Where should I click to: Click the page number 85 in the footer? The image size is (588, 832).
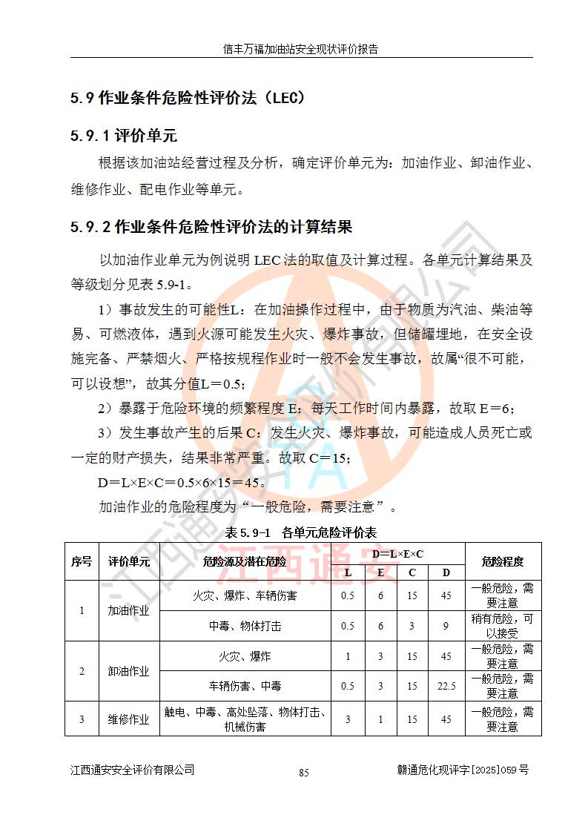pyautogui.click(x=303, y=772)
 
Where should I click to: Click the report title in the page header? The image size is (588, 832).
pyautogui.click(x=301, y=50)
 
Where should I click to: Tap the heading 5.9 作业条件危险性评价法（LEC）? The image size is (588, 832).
pyautogui.click(x=188, y=97)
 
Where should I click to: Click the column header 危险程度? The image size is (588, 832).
pyautogui.click(x=502, y=561)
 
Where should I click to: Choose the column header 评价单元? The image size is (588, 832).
pyautogui.click(x=129, y=561)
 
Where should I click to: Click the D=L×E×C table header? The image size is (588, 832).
pyautogui.click(x=397, y=553)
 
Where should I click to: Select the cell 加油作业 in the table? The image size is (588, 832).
pyautogui.click(x=129, y=611)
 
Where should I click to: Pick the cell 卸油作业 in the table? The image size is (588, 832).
pyautogui.click(x=129, y=671)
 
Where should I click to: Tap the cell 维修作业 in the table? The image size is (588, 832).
pyautogui.click(x=129, y=719)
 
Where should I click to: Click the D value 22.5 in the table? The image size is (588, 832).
pyautogui.click(x=446, y=686)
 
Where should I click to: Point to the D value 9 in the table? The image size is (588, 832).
pyautogui.click(x=446, y=626)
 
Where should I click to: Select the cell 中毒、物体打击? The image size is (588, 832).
pyautogui.click(x=245, y=626)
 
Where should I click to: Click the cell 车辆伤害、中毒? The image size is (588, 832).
pyautogui.click(x=245, y=686)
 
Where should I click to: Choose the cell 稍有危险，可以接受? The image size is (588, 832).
pyautogui.click(x=502, y=626)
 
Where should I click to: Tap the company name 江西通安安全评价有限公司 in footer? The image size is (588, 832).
pyautogui.click(x=132, y=770)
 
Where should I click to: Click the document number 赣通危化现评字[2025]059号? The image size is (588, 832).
pyautogui.click(x=463, y=770)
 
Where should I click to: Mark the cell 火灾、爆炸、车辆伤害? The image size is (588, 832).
pyautogui.click(x=245, y=595)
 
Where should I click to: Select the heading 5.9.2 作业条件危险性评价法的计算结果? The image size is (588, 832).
pyautogui.click(x=211, y=226)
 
